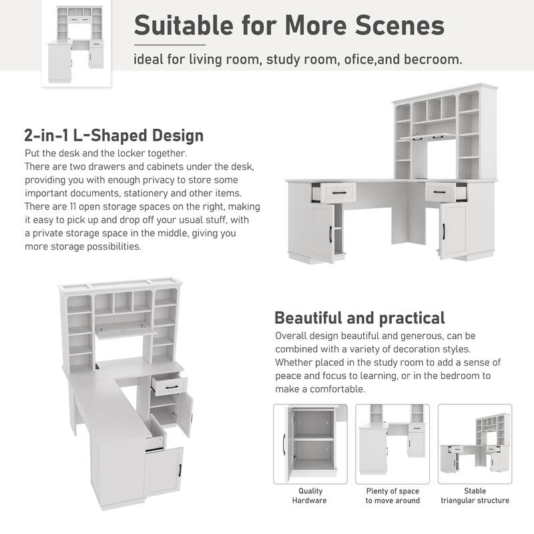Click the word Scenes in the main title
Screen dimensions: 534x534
coord(399,25)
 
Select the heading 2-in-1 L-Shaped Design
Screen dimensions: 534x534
coord(113,136)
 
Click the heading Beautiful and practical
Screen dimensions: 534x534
coord(359,317)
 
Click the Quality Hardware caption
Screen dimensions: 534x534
coord(310,495)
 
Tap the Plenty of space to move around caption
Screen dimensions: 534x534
coord(392,495)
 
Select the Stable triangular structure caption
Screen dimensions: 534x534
coord(475,495)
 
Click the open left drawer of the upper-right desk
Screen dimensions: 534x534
coord(332,192)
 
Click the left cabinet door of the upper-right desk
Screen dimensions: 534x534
coord(322,232)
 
